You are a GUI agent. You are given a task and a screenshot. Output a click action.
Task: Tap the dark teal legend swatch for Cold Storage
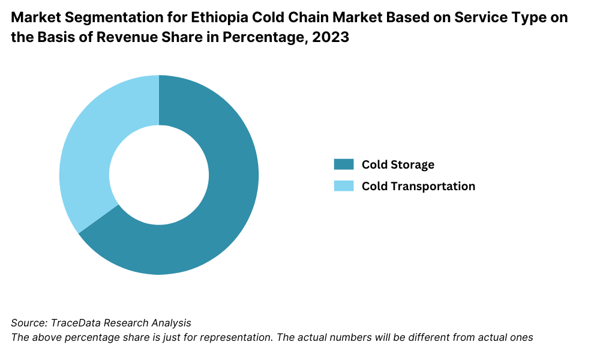point(344,164)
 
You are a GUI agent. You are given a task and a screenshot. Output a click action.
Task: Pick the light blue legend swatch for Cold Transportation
point(344,186)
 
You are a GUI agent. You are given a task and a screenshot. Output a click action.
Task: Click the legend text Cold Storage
point(398,164)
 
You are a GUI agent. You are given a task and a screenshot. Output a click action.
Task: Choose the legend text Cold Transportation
point(418,186)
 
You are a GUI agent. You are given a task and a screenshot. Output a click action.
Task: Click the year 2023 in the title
point(332,37)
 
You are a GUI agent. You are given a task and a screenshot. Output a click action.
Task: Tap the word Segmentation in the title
point(104,18)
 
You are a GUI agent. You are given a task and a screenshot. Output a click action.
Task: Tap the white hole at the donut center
point(159,175)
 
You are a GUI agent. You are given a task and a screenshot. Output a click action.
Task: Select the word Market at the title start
point(34,18)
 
